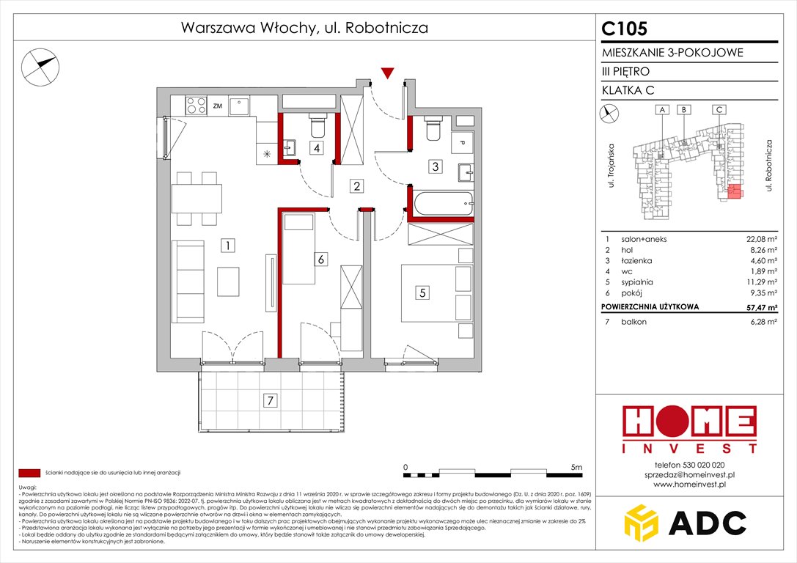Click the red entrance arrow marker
tap(388, 72)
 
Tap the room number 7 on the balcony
tap(271, 400)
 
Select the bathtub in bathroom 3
tap(441, 202)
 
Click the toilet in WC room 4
tap(317, 126)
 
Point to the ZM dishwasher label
tap(217, 106)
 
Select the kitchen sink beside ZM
tap(240, 106)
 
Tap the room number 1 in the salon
tap(229, 246)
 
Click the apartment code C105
tap(625, 29)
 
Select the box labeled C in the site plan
tap(720, 110)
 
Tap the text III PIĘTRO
tap(625, 71)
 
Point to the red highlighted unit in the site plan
tap(733, 193)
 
